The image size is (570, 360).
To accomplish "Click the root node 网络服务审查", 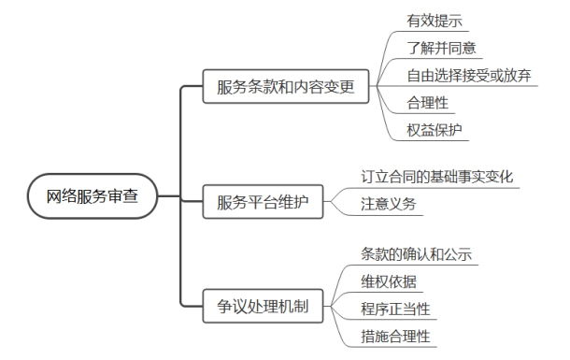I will [x=91, y=196].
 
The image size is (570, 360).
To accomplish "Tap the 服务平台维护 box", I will [x=263, y=200].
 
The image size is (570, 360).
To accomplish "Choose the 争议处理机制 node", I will [x=263, y=305].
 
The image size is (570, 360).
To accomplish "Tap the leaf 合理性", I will [x=425, y=102].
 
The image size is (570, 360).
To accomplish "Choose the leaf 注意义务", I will [x=389, y=203].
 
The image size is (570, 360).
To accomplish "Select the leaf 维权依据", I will [x=389, y=281].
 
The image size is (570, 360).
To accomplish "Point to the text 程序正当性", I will [x=395, y=308].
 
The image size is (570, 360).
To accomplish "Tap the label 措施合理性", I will [x=395, y=335].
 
